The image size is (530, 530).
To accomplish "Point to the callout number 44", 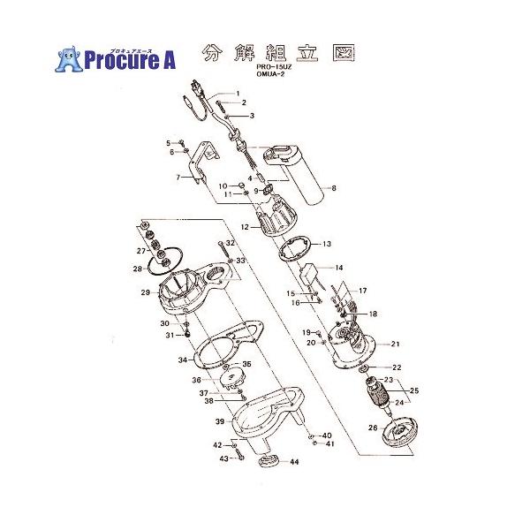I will click(x=294, y=463).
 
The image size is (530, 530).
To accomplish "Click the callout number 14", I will click(x=338, y=267).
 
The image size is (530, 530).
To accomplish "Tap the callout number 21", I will click(x=396, y=344).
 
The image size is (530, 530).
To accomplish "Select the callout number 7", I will click(x=177, y=178).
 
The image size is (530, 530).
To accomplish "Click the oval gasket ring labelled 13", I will click(x=294, y=248).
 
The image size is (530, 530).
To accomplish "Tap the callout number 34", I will click(x=182, y=360).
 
